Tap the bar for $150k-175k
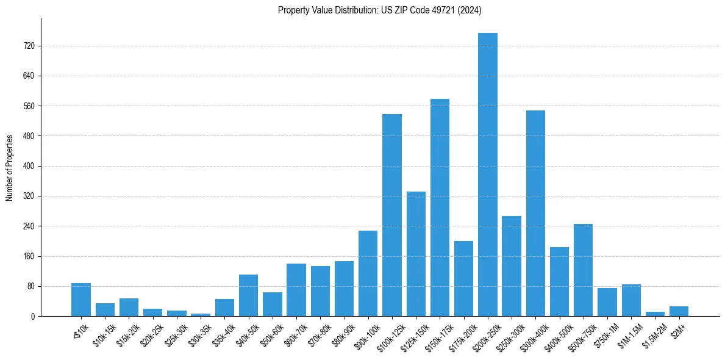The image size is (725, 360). pyautogui.click(x=440, y=207)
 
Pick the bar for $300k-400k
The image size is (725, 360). pyautogui.click(x=535, y=213)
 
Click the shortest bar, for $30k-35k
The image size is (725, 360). pyautogui.click(x=201, y=314)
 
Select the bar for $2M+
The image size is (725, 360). pyautogui.click(x=679, y=311)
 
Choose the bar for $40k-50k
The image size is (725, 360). pyautogui.click(x=248, y=295)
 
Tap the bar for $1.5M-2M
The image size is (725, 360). pyautogui.click(x=655, y=314)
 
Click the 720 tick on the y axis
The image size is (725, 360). pyautogui.click(x=29, y=46)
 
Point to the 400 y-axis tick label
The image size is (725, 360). pyautogui.click(x=29, y=166)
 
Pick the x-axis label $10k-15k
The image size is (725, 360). pyautogui.click(x=104, y=333)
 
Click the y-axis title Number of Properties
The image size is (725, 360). pyautogui.click(x=10, y=167)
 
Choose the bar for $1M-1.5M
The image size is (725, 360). pyautogui.click(x=631, y=300)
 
